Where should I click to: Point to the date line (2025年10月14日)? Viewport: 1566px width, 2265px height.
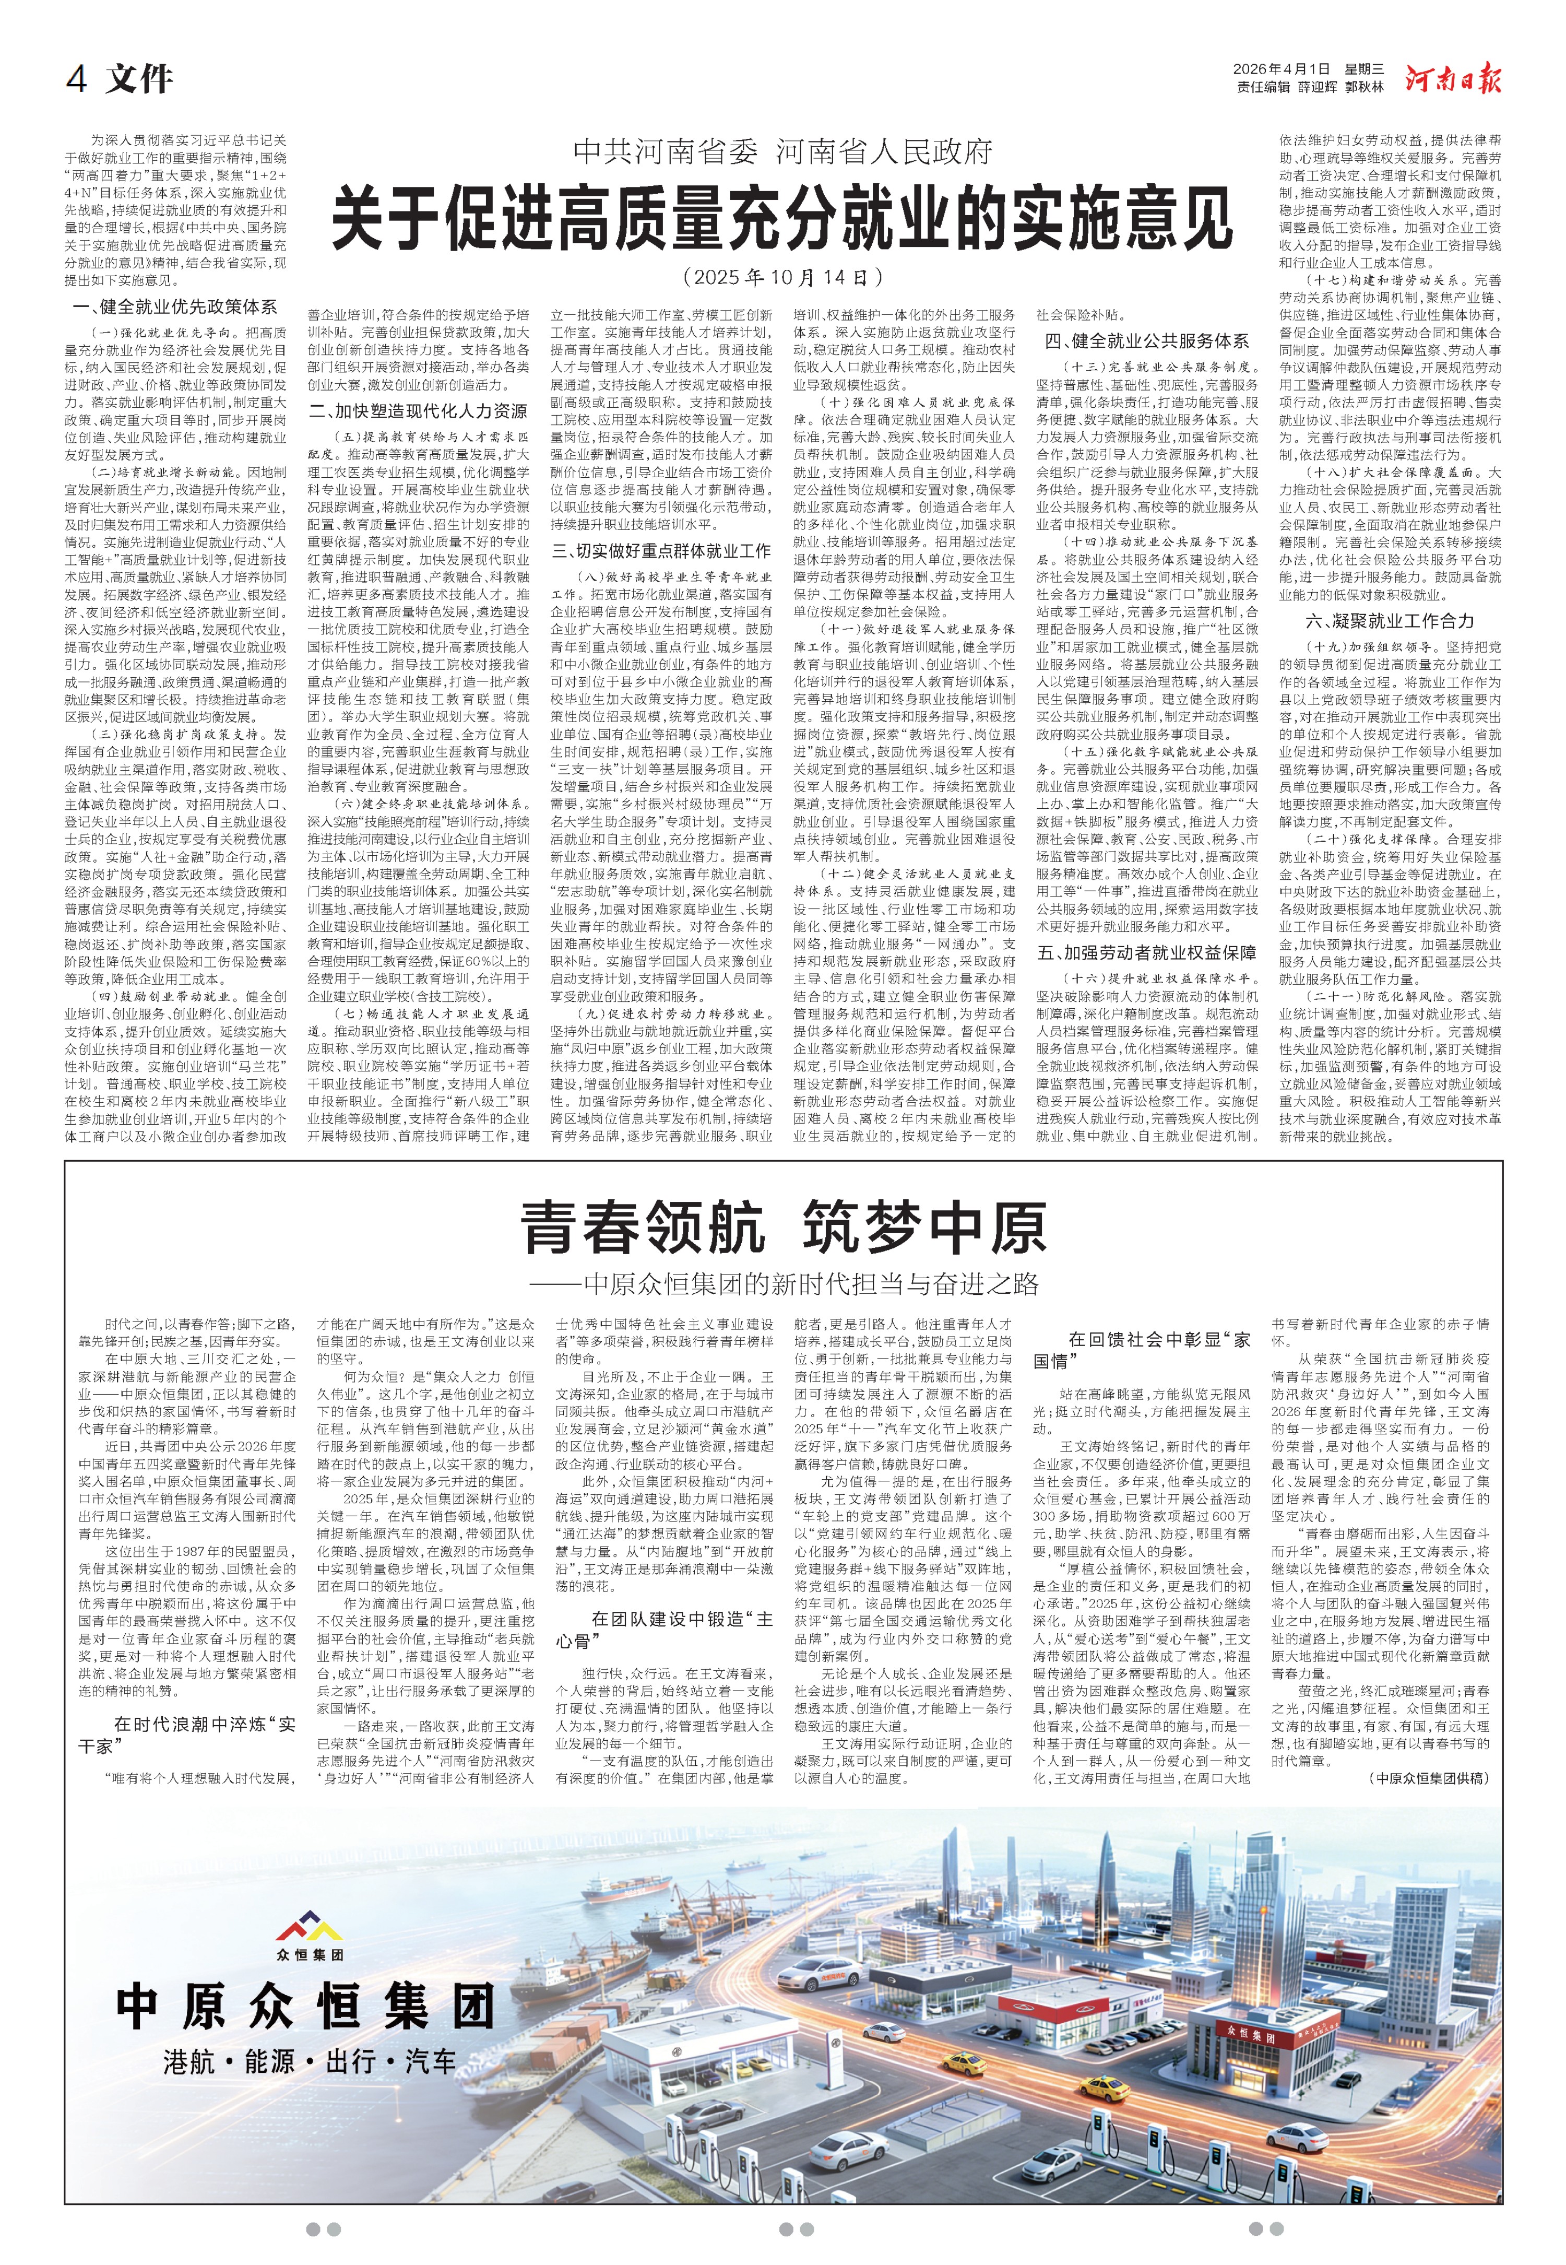(782, 278)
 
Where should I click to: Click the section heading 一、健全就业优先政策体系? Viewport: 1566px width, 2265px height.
(175, 307)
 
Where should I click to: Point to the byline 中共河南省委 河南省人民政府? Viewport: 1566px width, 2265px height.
(782, 151)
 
